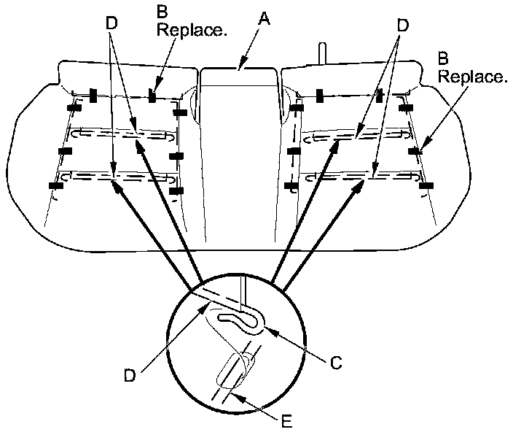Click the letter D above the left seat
[111, 22]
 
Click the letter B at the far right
[442, 57]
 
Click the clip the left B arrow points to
[152, 96]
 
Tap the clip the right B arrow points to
[415, 151]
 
